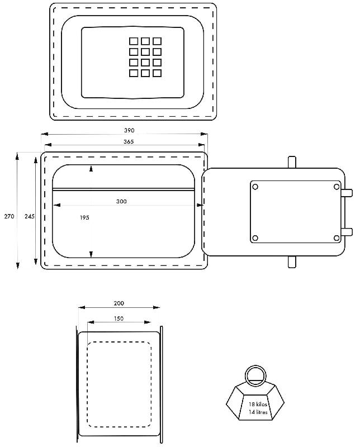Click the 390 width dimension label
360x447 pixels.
tap(129, 130)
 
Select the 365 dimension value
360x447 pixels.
tap(129, 141)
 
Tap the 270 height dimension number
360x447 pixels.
tap(9, 216)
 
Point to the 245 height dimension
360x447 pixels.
tap(30, 216)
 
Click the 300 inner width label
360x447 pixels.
tap(121, 201)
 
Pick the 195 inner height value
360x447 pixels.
tap(84, 217)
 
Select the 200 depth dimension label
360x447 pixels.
tap(119, 303)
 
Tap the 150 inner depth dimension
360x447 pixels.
tap(119, 318)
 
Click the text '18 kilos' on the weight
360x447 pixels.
tap(258, 404)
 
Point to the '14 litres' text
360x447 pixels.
tap(258, 412)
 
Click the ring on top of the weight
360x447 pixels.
tap(256, 367)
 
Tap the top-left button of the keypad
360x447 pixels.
tap(134, 41)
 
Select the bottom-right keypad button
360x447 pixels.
tap(157, 73)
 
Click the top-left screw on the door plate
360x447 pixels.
tap(255, 187)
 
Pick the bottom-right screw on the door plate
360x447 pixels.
tap(337, 238)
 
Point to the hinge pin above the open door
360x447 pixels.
tap(292, 162)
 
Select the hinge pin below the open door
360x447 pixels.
tap(292, 262)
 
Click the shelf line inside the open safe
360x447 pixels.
tap(124, 189)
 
